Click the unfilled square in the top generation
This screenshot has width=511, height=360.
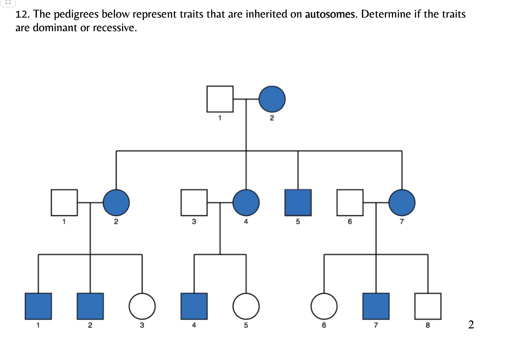(x=220, y=99)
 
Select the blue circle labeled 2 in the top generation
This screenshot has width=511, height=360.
(x=272, y=99)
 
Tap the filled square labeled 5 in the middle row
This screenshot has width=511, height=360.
(x=298, y=202)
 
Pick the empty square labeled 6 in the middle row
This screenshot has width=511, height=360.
(x=350, y=202)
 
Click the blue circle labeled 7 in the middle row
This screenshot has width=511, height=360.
(x=402, y=202)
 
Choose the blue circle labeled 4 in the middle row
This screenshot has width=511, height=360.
(x=246, y=202)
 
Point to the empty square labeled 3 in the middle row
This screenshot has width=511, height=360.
(x=194, y=202)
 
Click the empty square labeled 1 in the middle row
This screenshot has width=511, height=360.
(x=64, y=202)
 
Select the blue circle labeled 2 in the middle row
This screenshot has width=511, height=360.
(x=116, y=202)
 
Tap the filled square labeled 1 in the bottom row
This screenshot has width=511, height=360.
(x=38, y=306)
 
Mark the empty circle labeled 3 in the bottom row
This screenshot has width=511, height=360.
(x=142, y=306)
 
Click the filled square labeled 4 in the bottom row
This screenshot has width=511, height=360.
(x=194, y=306)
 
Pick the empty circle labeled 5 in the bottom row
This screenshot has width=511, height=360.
(x=246, y=306)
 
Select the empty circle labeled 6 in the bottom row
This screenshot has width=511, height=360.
(x=324, y=306)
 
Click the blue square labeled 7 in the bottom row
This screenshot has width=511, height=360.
(x=376, y=306)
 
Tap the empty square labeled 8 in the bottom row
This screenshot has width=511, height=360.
(x=428, y=306)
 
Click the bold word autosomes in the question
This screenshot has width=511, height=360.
(x=330, y=14)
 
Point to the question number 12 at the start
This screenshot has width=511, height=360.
(x=22, y=14)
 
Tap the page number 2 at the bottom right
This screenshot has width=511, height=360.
(x=471, y=324)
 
